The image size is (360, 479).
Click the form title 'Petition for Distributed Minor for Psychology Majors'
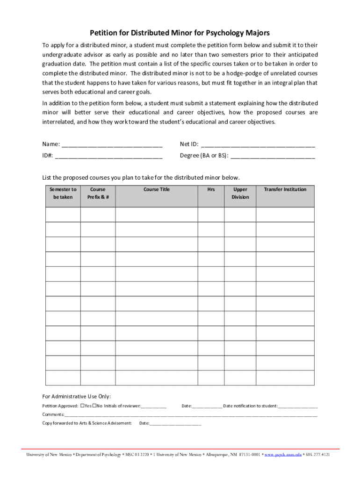180,33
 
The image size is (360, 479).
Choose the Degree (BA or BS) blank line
273,156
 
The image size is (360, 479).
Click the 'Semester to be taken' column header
63,193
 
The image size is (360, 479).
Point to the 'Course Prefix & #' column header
98,193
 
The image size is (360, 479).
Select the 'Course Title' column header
156,189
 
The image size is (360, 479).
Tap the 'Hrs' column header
211,189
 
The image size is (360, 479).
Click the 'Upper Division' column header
240,193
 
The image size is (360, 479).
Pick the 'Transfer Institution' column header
285,189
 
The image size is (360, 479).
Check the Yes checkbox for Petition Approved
82,406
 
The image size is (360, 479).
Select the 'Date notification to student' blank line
298,406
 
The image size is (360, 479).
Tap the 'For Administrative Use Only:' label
77,396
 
